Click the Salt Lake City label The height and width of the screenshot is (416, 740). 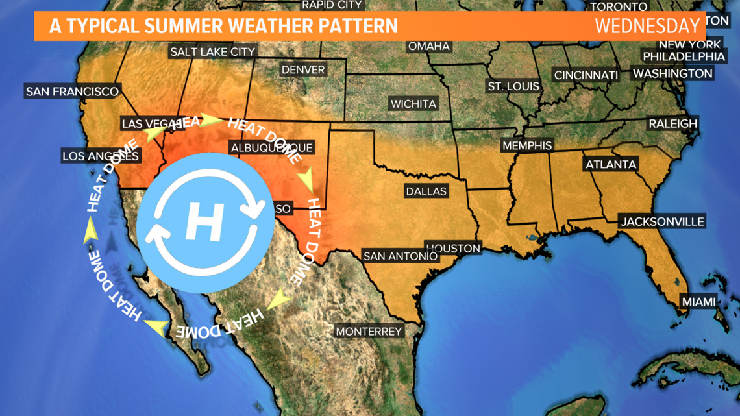point(213,51)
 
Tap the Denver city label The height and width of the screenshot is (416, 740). point(303,69)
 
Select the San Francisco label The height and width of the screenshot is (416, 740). point(72,92)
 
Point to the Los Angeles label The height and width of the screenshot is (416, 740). point(101,156)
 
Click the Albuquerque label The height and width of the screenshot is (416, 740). point(272,148)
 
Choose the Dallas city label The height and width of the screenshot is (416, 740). point(426,191)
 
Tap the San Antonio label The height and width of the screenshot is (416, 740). point(400,256)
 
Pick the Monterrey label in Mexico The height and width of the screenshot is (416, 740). point(369,331)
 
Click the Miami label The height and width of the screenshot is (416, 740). point(698,301)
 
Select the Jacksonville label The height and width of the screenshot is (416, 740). point(662,221)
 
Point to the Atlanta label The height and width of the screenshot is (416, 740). point(611,164)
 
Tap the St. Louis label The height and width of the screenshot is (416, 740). point(513,86)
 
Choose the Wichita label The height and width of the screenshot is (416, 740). point(413,104)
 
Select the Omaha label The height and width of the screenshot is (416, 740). point(428,46)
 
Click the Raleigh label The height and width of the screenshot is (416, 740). point(672,123)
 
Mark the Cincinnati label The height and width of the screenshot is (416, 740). point(586,75)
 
